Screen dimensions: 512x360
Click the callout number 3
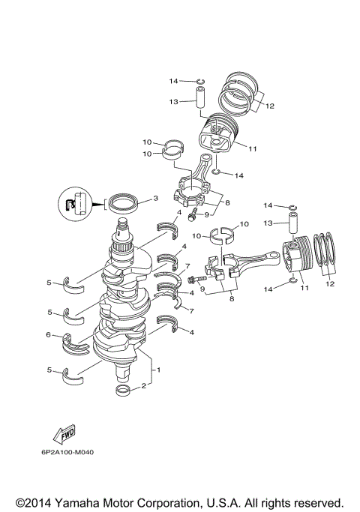155,199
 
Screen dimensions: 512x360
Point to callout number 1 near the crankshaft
157,370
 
